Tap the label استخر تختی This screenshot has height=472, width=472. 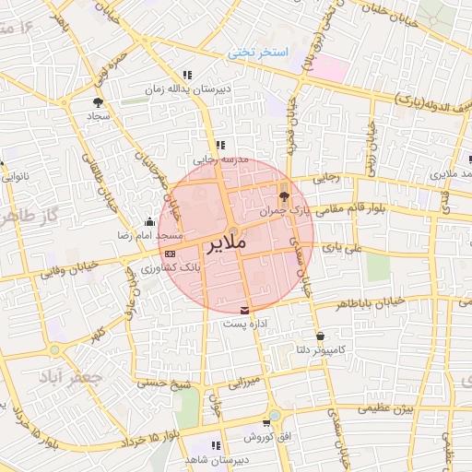[259, 53]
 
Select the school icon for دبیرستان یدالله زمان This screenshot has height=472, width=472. [188, 76]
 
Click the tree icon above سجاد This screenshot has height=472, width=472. [99, 102]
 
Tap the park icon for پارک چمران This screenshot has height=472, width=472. [284, 195]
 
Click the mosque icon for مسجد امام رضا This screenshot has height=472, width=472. [150, 221]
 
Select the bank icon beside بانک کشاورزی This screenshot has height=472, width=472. [169, 253]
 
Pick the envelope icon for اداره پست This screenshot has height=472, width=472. [243, 310]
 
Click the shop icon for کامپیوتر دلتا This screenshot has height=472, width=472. [320, 336]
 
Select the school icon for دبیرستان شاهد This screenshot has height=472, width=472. [218, 445]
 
